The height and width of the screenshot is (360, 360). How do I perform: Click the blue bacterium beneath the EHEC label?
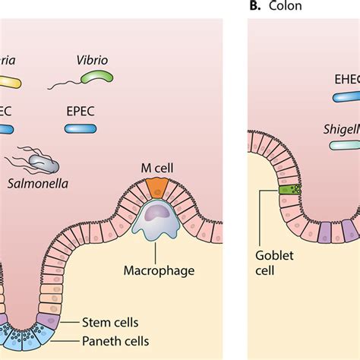pyautogui.click(x=346, y=96)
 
